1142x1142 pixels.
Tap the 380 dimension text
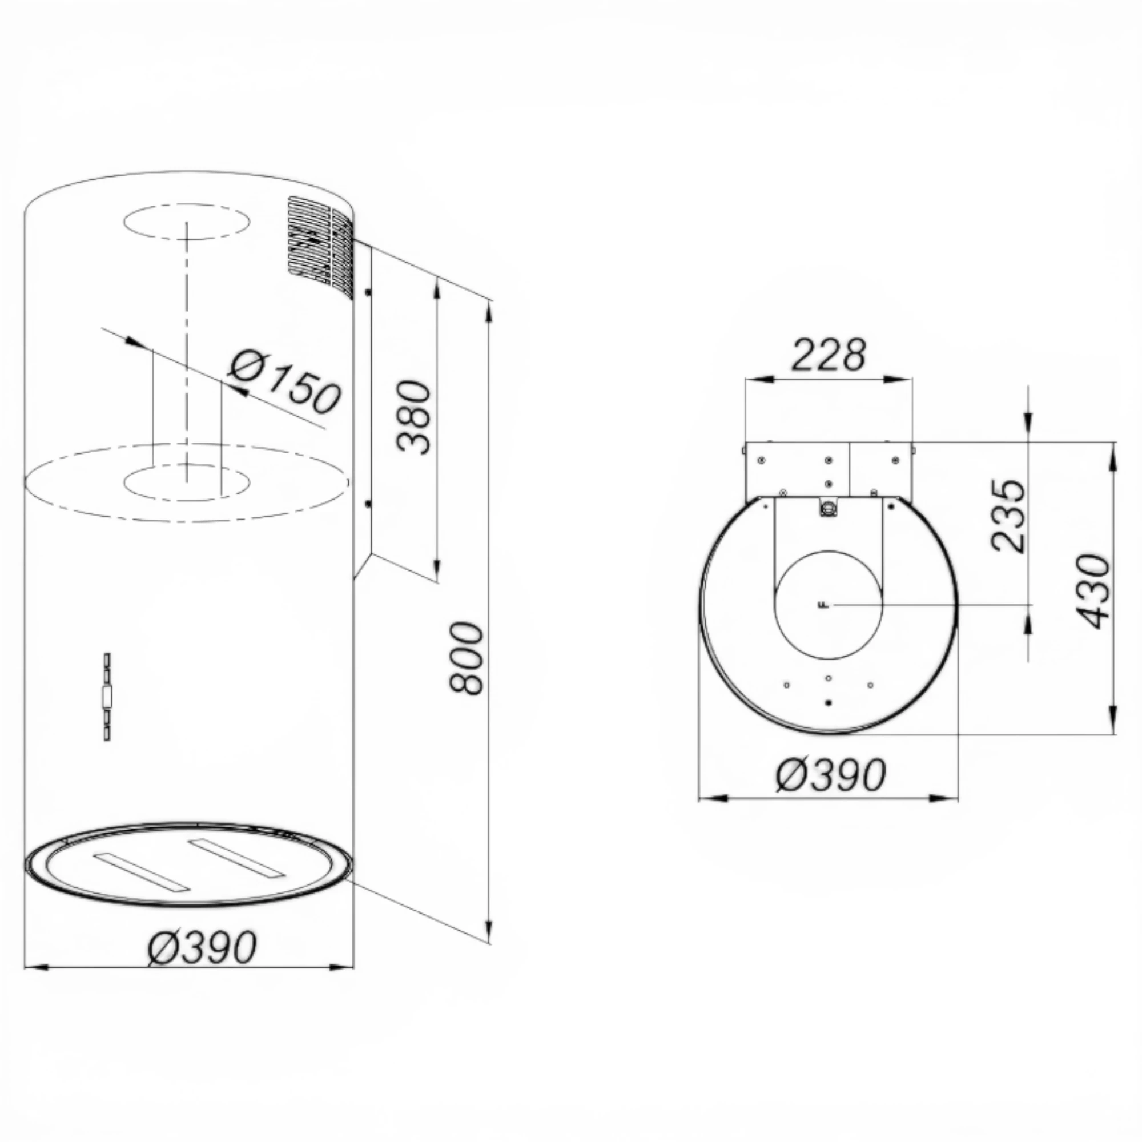(x=413, y=417)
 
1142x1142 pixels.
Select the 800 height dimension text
(x=467, y=658)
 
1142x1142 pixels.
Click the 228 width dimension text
(x=828, y=355)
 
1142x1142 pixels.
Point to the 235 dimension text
(x=1008, y=516)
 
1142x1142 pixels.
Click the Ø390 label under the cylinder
(x=202, y=947)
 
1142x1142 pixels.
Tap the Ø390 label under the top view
(x=831, y=774)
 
